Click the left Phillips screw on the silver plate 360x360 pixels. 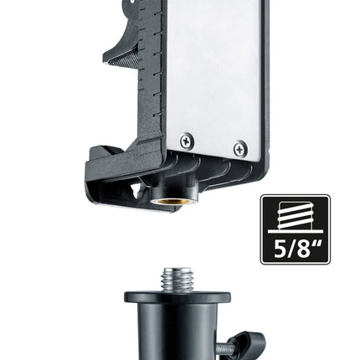(187, 140)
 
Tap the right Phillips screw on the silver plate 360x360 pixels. (240, 148)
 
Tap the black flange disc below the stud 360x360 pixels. (177, 297)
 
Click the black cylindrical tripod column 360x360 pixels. (177, 332)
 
